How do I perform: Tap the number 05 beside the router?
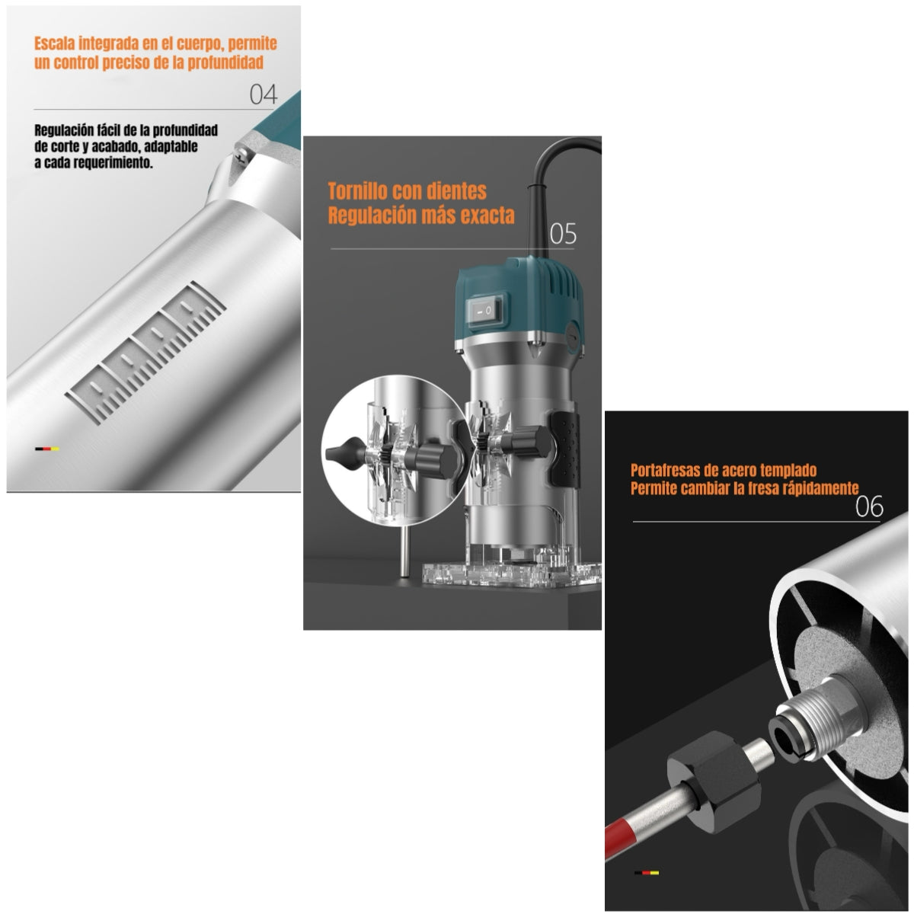coord(562,234)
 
